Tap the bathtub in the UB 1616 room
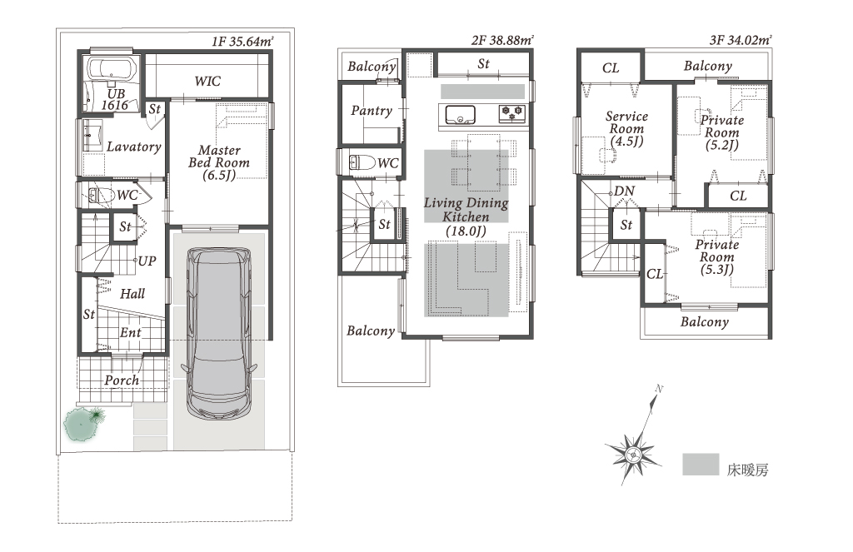point(112,70)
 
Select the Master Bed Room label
point(219,162)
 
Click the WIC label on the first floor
point(207,81)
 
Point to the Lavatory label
point(134,147)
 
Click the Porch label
point(122,380)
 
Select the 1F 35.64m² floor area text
point(242,42)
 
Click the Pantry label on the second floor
point(372,111)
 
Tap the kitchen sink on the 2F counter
point(460,115)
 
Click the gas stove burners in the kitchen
point(511,113)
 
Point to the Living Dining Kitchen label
point(466,216)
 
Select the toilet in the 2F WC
point(362,162)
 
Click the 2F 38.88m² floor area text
point(502,40)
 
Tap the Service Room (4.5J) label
point(626,129)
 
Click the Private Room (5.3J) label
point(717,256)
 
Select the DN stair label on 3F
point(625,191)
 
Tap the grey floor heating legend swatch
point(701,465)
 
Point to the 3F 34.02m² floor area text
point(741,40)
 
